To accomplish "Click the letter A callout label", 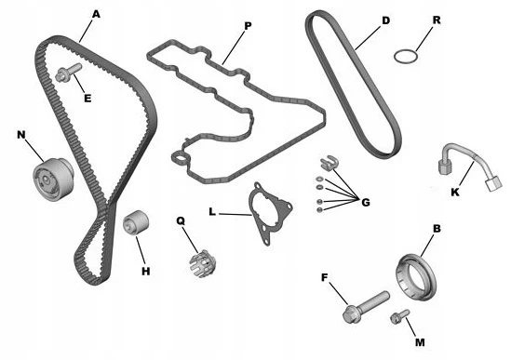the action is coord(96,14).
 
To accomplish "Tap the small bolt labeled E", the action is coord(69,73).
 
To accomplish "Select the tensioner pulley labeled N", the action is coord(53,180).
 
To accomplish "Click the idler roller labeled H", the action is coord(136,222).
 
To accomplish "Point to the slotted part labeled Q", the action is coord(202,263).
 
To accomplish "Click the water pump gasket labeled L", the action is coord(270,213).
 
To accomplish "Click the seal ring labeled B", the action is coord(415,276).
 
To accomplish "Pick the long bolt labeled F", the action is coord(366,307).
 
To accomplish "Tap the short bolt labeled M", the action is coord(399,316).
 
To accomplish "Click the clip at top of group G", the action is coord(329,162).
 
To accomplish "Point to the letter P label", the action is coord(248,26).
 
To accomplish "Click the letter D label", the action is coord(385,20).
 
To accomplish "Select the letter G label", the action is coord(366,202).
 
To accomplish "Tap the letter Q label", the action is coord(181,220).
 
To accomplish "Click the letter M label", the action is coord(420,342).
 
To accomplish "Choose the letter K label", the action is coord(454,193).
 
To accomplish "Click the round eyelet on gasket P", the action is coord(179,159).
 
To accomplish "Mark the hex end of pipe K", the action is coord(445,166).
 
